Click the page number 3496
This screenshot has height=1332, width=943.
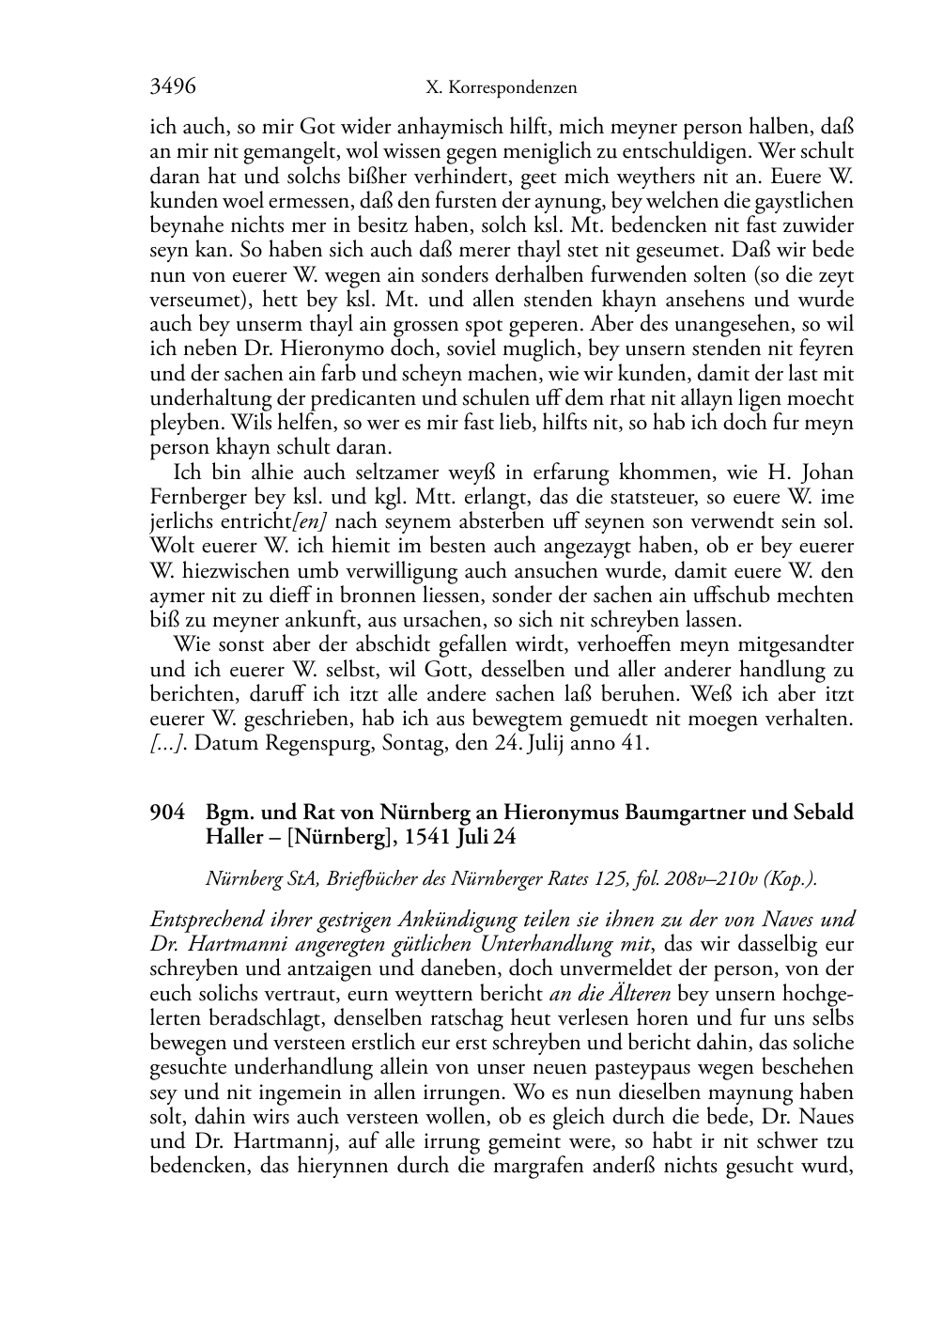pos(173,87)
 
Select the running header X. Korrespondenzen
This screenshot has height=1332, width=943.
pos(501,88)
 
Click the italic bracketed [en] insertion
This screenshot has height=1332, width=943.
pos(313,521)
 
